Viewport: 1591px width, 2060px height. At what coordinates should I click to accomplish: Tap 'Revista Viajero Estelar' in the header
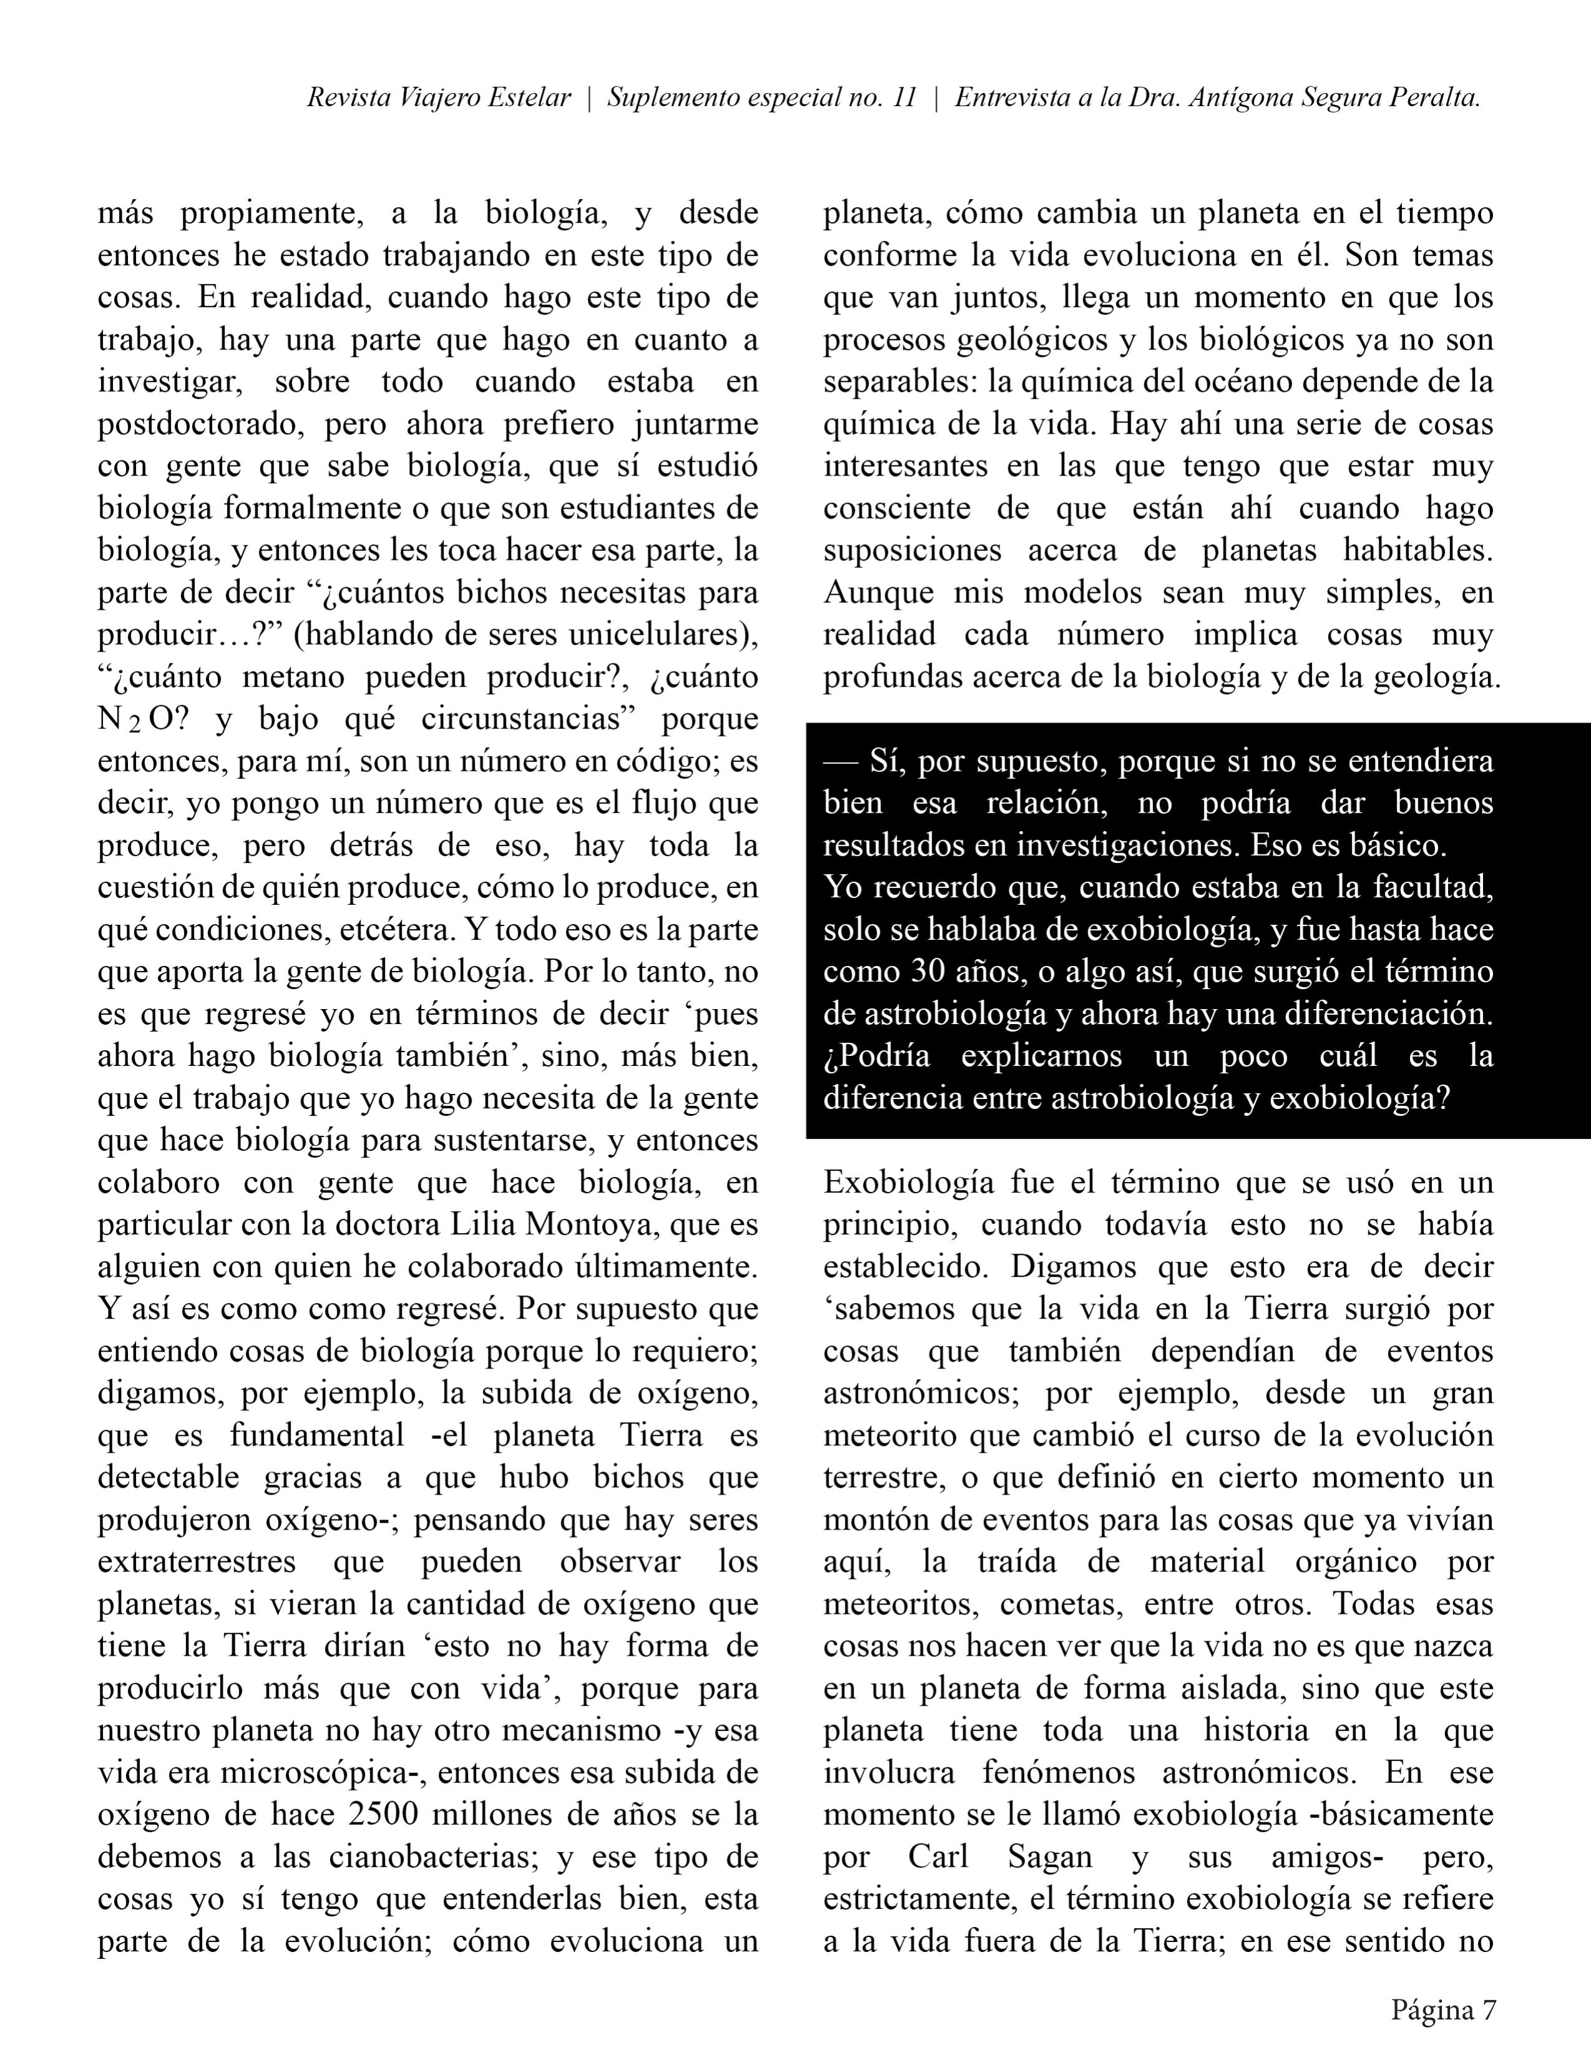tap(439, 98)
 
